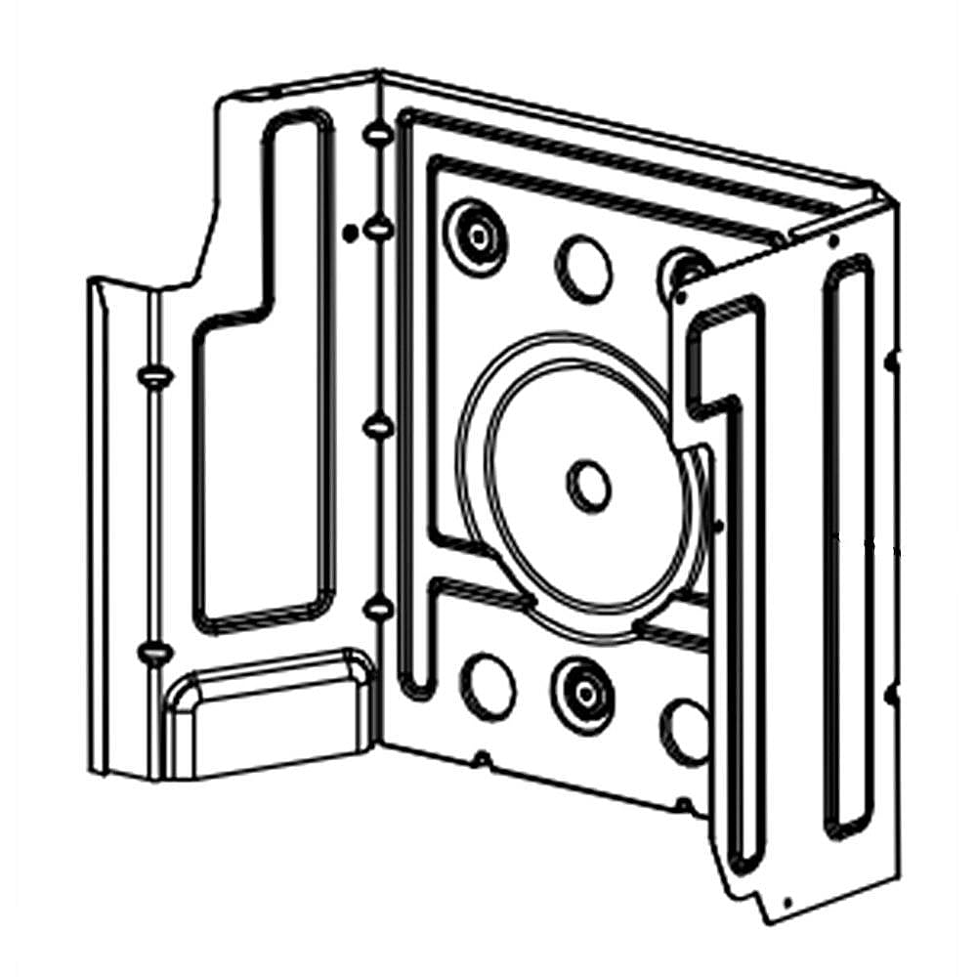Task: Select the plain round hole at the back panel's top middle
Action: [583, 268]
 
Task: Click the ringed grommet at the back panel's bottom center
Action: [582, 692]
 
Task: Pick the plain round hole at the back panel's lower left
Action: [488, 686]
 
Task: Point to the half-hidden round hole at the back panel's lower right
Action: [685, 731]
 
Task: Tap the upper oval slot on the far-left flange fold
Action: [153, 375]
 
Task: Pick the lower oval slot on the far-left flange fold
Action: [154, 652]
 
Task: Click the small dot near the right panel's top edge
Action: [831, 237]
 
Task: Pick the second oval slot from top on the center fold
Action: [376, 230]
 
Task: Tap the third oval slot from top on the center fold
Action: [377, 426]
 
